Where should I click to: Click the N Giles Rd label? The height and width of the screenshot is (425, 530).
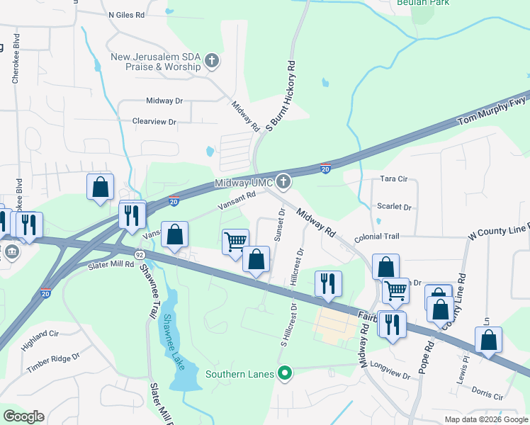tap(136, 14)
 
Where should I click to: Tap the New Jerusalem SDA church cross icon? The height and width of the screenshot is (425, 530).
tap(211, 61)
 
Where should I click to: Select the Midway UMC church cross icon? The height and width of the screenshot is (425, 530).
tap(283, 183)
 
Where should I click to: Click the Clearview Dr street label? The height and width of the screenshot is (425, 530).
tap(154, 122)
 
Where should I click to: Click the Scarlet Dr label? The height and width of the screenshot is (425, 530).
tap(395, 208)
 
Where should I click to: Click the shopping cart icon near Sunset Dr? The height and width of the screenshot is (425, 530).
tap(235, 242)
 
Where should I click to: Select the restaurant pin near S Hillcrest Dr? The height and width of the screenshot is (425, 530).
tap(328, 283)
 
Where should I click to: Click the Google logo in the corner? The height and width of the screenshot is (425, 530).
tap(23, 416)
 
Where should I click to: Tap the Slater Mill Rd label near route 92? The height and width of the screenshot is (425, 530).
tap(111, 264)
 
